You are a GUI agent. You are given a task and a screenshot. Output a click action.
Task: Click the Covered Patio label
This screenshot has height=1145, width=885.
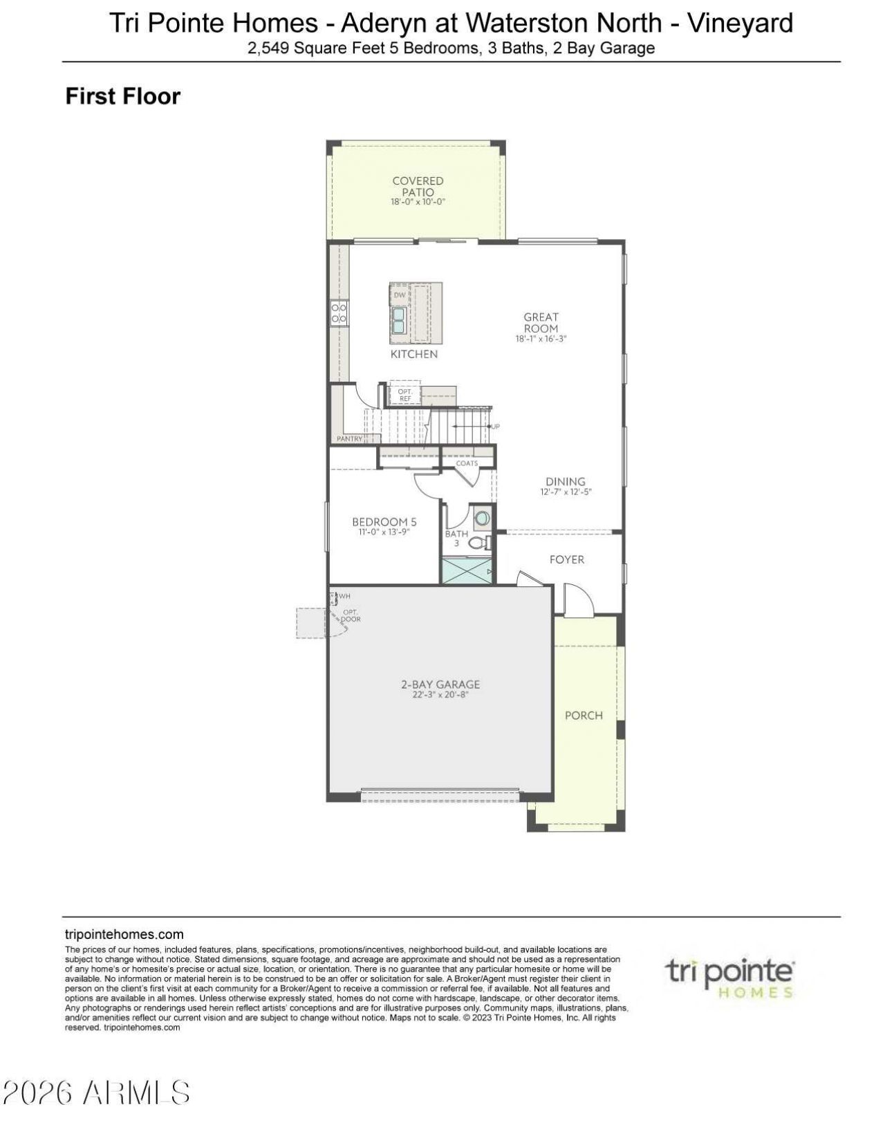pyautogui.click(x=418, y=187)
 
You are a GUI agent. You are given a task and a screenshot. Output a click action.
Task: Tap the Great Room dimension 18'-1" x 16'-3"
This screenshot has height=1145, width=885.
pyautogui.click(x=541, y=339)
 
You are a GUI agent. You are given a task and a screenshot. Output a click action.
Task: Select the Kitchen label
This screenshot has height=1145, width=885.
pyautogui.click(x=414, y=354)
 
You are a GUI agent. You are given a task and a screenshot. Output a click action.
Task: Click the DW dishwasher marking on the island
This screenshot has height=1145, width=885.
pyautogui.click(x=400, y=295)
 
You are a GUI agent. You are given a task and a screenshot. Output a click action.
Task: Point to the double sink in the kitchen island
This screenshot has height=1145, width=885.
pyautogui.click(x=398, y=320)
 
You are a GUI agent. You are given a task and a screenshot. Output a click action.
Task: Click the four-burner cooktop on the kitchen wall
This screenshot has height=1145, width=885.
pyautogui.click(x=339, y=312)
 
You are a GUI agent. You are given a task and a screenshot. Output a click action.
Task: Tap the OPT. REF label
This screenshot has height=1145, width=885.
pyautogui.click(x=404, y=395)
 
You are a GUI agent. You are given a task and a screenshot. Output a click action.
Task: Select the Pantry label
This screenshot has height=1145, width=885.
pyautogui.click(x=350, y=438)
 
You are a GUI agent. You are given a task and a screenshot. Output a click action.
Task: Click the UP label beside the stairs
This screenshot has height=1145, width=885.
pyautogui.click(x=495, y=427)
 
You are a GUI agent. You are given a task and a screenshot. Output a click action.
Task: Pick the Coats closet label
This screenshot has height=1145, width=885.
pyautogui.click(x=467, y=463)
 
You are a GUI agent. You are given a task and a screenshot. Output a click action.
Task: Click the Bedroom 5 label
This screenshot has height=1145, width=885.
pyautogui.click(x=384, y=522)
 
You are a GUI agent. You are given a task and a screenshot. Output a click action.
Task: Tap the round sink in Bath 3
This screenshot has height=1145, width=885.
pyautogui.click(x=482, y=519)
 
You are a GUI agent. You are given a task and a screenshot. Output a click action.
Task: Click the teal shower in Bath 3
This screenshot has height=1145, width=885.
pyautogui.click(x=467, y=570)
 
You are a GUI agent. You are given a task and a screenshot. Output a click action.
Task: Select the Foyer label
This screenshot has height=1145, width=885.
pyautogui.click(x=567, y=559)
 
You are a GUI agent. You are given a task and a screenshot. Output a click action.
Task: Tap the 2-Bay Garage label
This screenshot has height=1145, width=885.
pyautogui.click(x=440, y=685)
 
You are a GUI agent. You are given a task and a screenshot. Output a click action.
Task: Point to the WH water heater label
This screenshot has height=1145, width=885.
pyautogui.click(x=344, y=596)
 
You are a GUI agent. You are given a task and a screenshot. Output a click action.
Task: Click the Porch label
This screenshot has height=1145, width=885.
pyautogui.click(x=584, y=716)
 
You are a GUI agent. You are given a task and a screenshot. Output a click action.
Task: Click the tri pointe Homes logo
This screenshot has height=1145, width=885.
pyautogui.click(x=729, y=978)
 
